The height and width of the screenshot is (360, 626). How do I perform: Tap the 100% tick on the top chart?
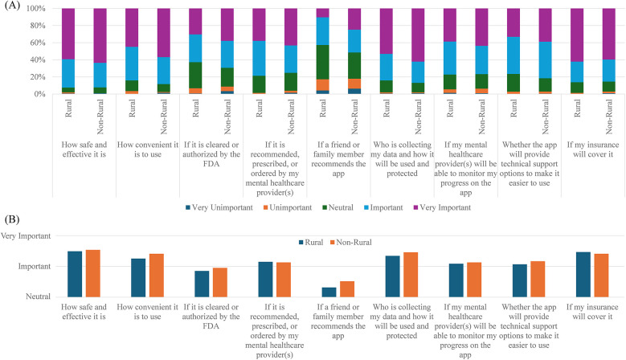pyautogui.click(x=35, y=9)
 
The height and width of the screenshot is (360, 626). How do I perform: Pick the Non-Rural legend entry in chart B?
pyautogui.click(x=351, y=241)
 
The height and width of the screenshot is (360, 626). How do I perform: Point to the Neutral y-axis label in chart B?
pyautogui.click(x=36, y=297)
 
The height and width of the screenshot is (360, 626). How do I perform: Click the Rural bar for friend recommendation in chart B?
pyautogui.click(x=329, y=292)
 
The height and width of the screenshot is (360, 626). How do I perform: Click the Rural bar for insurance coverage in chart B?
pyautogui.click(x=583, y=274)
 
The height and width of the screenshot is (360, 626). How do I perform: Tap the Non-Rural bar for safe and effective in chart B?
pyautogui.click(x=92, y=273)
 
